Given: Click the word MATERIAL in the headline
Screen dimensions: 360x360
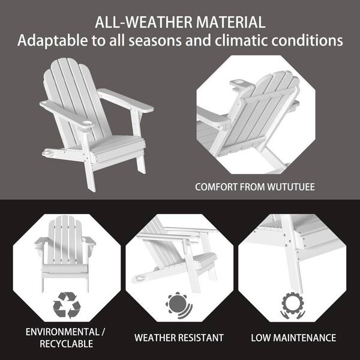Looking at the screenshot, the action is (230, 22).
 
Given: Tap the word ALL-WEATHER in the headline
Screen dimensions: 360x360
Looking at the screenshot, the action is (144, 22).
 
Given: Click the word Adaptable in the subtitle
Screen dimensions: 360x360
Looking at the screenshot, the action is (53, 41).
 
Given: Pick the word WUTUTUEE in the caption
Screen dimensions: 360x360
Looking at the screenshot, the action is (291, 187).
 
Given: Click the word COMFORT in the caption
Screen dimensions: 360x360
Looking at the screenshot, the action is (216, 187).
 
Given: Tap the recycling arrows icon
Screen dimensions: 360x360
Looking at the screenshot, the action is (67, 305).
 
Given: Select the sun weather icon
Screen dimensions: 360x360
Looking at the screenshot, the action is (179, 305).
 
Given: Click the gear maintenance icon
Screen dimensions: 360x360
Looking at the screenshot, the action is (293, 305).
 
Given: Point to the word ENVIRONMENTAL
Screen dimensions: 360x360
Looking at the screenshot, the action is (62, 332).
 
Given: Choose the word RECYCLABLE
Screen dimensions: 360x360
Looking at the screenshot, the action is (67, 344).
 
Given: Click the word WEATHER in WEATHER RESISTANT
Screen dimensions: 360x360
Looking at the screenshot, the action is (155, 338).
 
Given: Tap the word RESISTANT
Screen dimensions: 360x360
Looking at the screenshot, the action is (201, 338).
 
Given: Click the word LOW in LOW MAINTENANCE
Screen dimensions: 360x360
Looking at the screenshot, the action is (260, 338).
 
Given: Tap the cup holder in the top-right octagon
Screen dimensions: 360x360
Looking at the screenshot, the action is (239, 83).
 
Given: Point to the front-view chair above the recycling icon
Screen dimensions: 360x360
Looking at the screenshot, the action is (65, 253).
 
